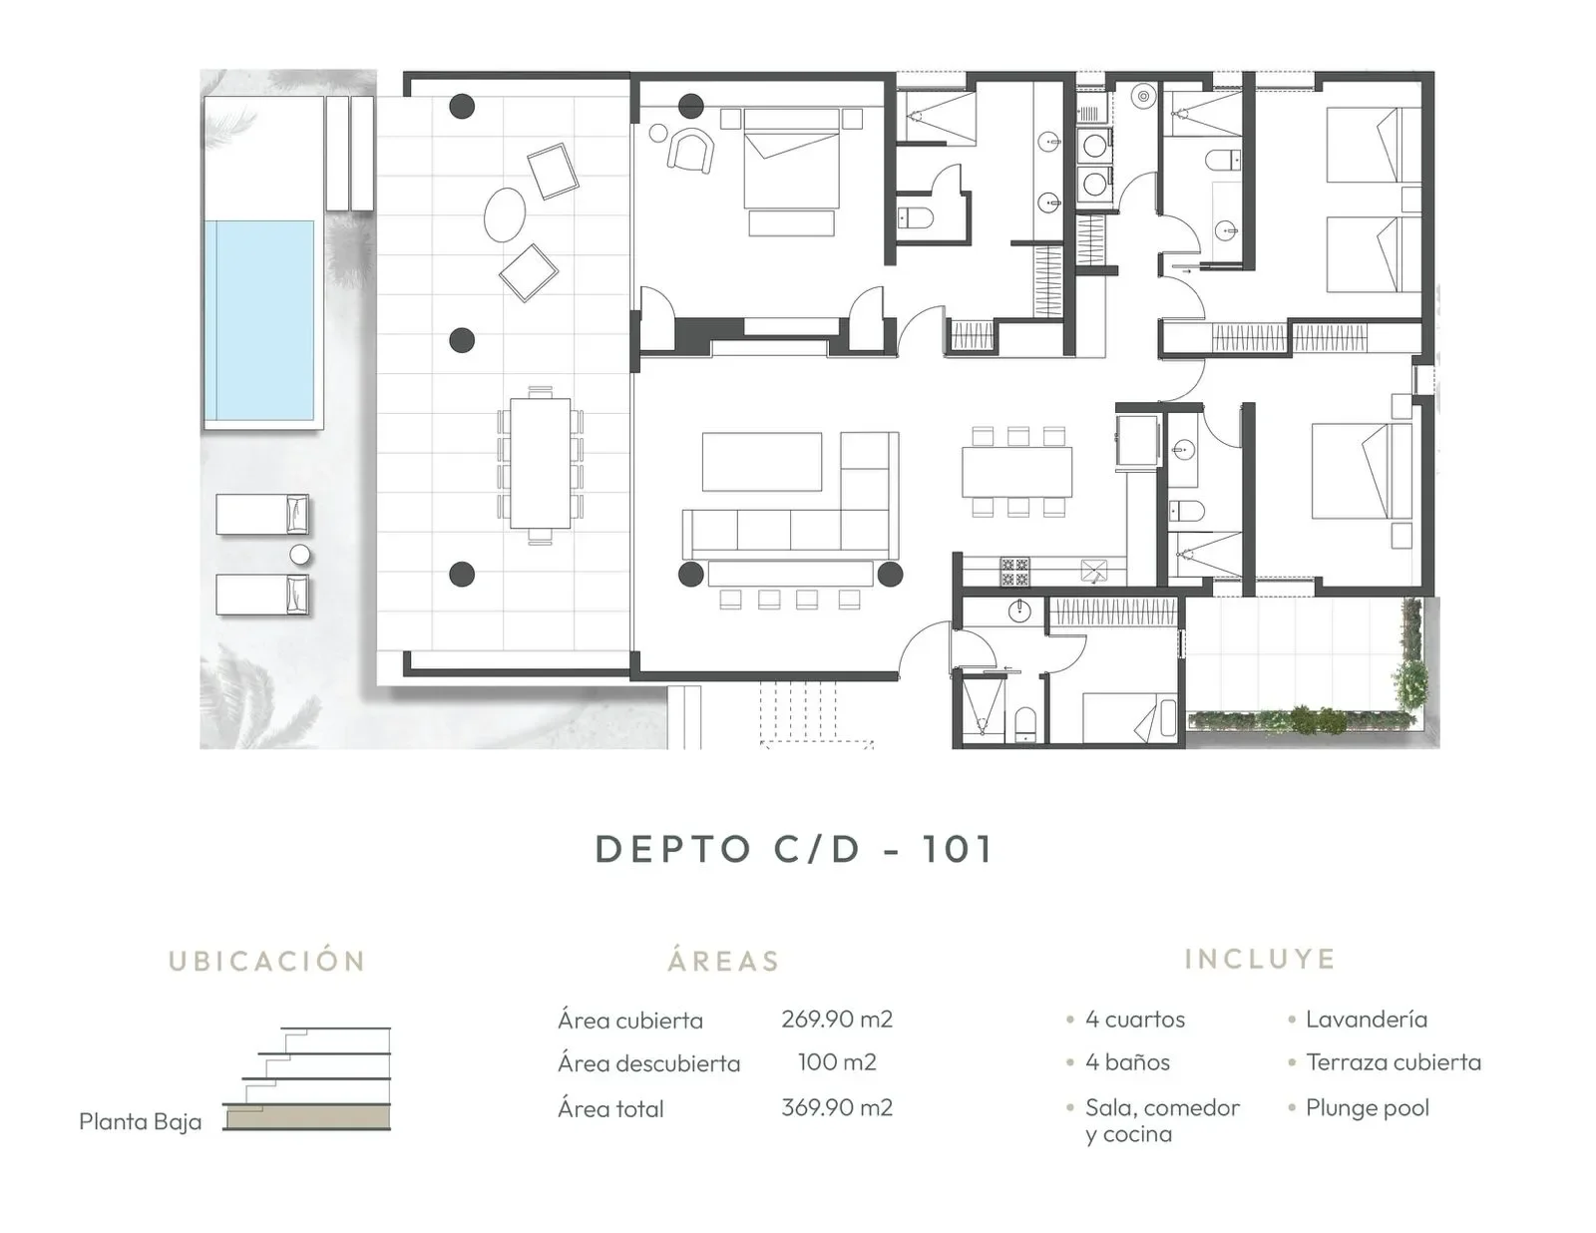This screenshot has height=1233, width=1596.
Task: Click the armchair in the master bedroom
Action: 691,152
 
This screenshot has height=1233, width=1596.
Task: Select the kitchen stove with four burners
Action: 1014,572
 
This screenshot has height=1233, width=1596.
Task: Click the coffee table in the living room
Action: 761,461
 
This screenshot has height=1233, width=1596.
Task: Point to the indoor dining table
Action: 1016,471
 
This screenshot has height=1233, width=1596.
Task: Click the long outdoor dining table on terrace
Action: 540,463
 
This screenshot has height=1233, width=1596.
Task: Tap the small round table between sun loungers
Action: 299,555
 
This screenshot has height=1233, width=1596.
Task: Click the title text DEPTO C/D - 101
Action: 794,849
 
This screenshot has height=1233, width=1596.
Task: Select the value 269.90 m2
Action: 836,1019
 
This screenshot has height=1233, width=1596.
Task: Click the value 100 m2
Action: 836,1062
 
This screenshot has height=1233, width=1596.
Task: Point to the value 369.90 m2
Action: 836,1107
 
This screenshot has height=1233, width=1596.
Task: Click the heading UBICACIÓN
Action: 267,961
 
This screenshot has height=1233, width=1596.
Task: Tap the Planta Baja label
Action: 140,1121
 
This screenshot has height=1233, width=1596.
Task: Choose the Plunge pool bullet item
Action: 1367,1107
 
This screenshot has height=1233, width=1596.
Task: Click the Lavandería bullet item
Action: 1366,1019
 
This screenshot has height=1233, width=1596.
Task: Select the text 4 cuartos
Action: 1134,1019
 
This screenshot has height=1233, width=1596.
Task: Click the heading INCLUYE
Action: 1260,959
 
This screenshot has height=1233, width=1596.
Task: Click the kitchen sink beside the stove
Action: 1094,572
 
